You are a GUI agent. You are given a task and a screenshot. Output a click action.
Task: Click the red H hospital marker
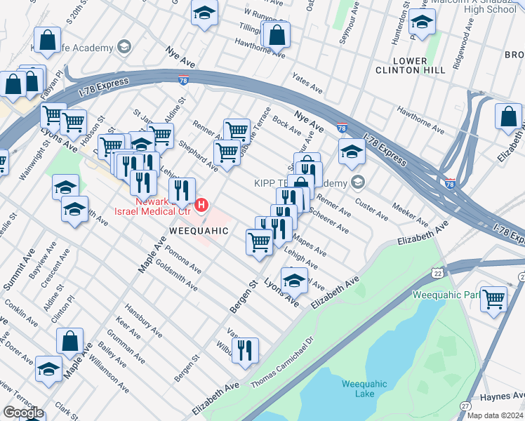202,205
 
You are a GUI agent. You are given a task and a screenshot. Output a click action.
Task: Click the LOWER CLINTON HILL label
419,66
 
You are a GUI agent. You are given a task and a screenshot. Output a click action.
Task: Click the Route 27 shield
465,406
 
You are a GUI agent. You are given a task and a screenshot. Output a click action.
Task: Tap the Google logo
23,413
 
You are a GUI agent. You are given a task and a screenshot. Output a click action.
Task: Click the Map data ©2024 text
495,415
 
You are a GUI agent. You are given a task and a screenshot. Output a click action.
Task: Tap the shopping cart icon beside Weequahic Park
495,298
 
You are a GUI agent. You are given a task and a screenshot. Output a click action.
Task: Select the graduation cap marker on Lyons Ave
295,281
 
